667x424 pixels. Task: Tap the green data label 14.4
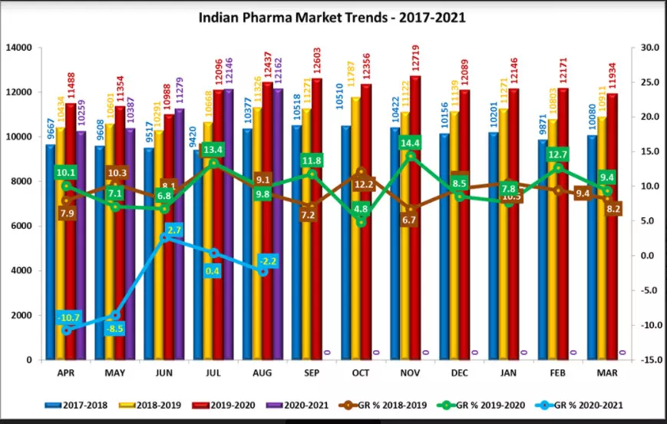(x=410, y=143)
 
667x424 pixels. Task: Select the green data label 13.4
(x=213, y=149)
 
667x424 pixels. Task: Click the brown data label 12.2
(x=363, y=184)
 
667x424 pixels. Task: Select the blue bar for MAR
(x=592, y=246)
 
